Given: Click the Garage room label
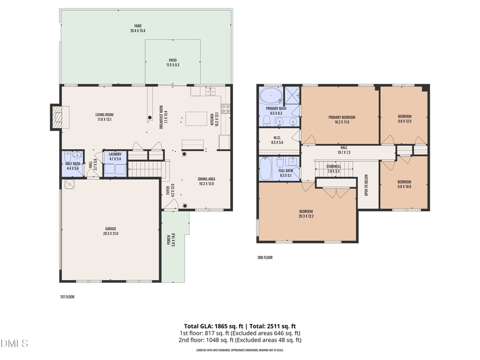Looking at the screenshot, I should (x=111, y=231).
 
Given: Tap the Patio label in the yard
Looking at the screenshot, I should (x=173, y=62).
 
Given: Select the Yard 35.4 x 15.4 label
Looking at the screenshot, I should (x=138, y=28).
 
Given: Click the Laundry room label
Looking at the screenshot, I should (x=115, y=156).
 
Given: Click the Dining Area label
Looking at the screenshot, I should (x=205, y=181).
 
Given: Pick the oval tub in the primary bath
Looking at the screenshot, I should (x=271, y=97).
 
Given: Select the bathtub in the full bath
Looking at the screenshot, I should (x=266, y=169).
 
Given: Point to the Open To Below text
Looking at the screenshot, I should (x=366, y=184).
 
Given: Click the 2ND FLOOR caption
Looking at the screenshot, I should (x=265, y=258).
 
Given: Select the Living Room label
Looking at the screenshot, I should (x=105, y=117).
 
